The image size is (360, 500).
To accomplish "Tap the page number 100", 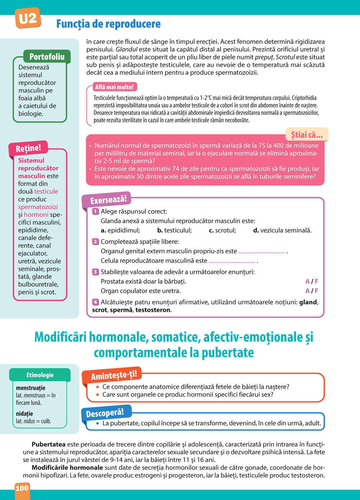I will [22, 488].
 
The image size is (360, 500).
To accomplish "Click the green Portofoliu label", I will [47, 56].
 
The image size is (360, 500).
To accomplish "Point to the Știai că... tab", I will [307, 135].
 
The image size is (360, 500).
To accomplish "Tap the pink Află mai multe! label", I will [114, 87].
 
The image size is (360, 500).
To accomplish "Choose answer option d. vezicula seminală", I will [282, 230].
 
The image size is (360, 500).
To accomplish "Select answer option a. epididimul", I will [120, 230].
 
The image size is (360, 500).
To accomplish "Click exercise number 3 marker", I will [95, 272].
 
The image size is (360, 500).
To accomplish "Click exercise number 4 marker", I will [95, 302].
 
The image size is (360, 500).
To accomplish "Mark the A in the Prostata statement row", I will [307, 281].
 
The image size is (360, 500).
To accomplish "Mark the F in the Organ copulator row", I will [316, 291].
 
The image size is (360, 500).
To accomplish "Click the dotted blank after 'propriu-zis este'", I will [262, 253].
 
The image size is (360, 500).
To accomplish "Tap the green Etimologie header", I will [40, 375].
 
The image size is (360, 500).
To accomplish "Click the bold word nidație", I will [24, 414].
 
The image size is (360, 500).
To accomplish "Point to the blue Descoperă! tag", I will [105, 413].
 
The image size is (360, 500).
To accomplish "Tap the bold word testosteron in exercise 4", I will [153, 310].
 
